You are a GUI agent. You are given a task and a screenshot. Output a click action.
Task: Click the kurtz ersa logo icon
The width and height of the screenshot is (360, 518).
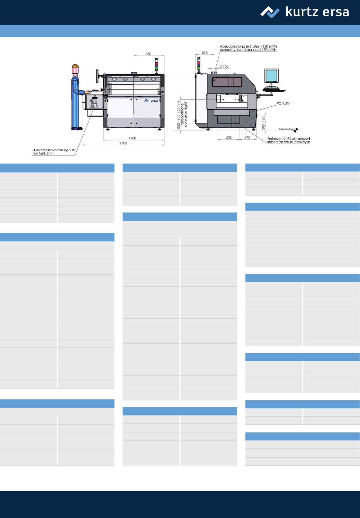coord(270,12)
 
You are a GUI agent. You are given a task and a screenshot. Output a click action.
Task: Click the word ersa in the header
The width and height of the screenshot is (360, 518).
coord(336,12)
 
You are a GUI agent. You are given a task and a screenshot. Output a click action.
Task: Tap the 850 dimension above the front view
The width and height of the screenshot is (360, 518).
coord(148,54)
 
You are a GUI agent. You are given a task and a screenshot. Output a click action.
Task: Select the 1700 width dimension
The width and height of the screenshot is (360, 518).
coord(132,138)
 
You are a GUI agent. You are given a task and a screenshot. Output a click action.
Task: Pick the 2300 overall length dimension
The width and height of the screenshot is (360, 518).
coord(123,143)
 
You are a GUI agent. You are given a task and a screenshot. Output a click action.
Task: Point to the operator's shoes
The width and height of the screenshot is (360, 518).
coord(77,129)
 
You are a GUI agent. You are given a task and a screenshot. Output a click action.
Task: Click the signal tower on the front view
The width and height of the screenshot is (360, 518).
coord(156,64)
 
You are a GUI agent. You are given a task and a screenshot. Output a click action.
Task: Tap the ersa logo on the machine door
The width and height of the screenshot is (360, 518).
coord(151,101)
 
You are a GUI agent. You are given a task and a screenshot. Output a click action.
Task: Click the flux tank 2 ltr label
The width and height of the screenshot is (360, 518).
coord(54,152)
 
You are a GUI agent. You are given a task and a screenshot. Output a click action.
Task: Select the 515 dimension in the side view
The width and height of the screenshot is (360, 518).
coord(205,53)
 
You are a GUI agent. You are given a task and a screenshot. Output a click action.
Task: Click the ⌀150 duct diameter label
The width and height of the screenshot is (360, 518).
coord(224,66)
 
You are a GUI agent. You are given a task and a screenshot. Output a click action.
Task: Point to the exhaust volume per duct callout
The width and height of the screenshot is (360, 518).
coord(248,48)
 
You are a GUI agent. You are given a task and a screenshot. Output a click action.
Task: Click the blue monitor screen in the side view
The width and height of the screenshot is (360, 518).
coord(271,76)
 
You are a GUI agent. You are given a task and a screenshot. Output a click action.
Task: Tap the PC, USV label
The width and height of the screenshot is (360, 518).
coord(283,103)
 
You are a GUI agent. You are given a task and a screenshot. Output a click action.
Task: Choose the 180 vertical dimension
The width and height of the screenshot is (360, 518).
coord(263,119)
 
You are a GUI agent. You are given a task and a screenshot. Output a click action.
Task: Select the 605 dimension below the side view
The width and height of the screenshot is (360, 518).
coord(229,138)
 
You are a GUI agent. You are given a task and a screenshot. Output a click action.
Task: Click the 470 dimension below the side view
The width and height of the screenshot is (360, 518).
coord(247,138)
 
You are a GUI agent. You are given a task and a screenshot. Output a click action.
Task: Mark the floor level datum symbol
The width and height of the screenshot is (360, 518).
coord(296,130)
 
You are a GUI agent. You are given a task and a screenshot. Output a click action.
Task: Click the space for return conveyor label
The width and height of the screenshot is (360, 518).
coord(289,140)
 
